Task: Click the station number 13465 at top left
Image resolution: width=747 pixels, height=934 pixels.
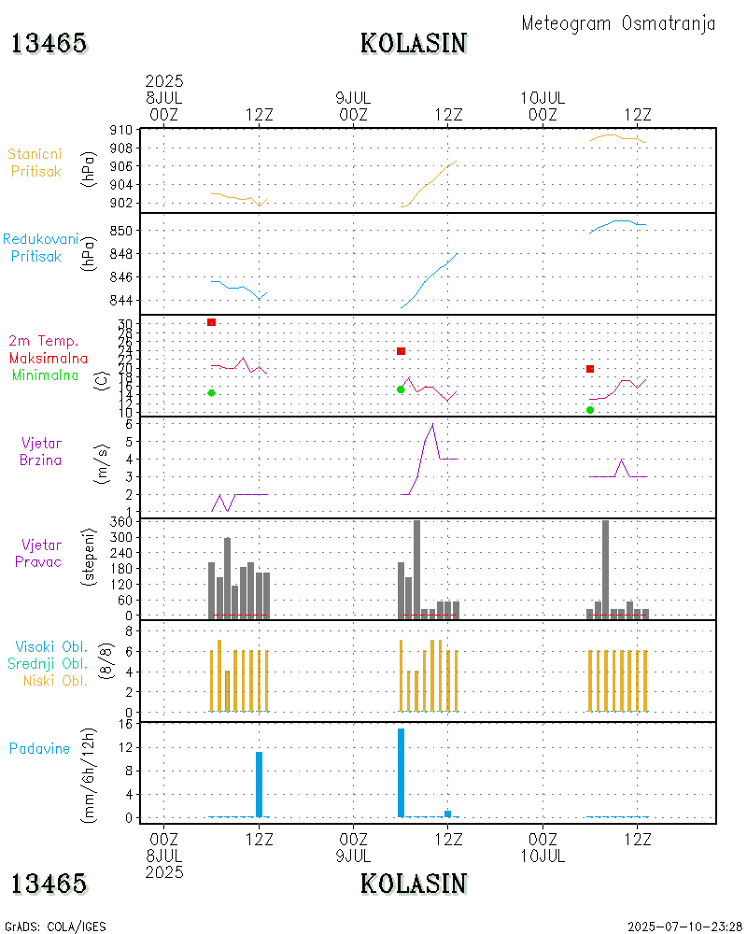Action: tap(49, 43)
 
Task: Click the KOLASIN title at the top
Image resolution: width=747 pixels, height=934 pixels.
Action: tap(414, 43)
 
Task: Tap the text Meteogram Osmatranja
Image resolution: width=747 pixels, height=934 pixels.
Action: tap(618, 23)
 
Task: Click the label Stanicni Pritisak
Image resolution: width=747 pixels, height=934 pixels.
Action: tap(35, 163)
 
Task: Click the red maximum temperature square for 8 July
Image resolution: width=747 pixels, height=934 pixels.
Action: tap(212, 322)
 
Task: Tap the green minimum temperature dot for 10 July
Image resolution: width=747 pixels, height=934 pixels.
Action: tap(590, 410)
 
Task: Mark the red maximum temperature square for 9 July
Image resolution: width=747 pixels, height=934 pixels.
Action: tap(401, 351)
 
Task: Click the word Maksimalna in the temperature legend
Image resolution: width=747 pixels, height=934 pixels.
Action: tap(49, 358)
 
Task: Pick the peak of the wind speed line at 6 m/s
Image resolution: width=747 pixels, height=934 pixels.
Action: tap(432, 424)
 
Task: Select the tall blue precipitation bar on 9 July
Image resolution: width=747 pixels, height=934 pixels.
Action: tap(401, 772)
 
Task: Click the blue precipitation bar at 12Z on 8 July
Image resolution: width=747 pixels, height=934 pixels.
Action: tap(260, 784)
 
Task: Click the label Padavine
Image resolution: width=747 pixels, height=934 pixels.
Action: tap(39, 748)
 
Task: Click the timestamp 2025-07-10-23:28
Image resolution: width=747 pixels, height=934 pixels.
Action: tap(684, 927)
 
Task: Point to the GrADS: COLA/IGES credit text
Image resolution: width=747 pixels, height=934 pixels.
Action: tap(55, 927)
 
